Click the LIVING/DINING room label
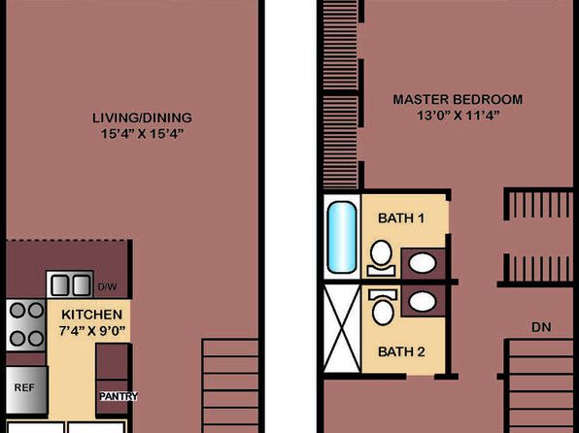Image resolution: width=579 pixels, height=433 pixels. [142, 117]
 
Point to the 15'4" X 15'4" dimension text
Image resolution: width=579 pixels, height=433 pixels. [142, 134]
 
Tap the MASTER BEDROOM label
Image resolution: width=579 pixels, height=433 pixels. [458, 99]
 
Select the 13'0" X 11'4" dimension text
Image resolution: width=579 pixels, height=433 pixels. [459, 116]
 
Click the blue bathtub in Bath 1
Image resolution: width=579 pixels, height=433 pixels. [342, 237]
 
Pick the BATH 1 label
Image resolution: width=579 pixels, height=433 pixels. [401, 218]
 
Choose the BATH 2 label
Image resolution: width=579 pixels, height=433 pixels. [401, 351]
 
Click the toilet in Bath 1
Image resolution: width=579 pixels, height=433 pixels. [382, 258]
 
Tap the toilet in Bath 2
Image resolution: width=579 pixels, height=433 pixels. [383, 307]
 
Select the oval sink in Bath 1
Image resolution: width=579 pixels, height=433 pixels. [423, 263]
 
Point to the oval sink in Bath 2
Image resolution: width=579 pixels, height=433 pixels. [423, 301]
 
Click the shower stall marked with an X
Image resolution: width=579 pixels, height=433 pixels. [342, 329]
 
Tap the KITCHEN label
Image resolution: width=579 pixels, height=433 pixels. [91, 315]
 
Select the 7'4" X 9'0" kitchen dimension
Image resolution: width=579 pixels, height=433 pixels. [92, 330]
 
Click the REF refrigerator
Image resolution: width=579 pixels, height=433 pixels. [26, 390]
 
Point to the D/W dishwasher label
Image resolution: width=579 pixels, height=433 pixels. [108, 286]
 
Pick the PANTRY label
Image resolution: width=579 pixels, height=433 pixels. [119, 396]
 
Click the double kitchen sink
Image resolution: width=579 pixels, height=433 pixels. [70, 284]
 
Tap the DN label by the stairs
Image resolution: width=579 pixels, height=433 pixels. [541, 327]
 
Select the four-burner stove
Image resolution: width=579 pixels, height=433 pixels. [26, 325]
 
